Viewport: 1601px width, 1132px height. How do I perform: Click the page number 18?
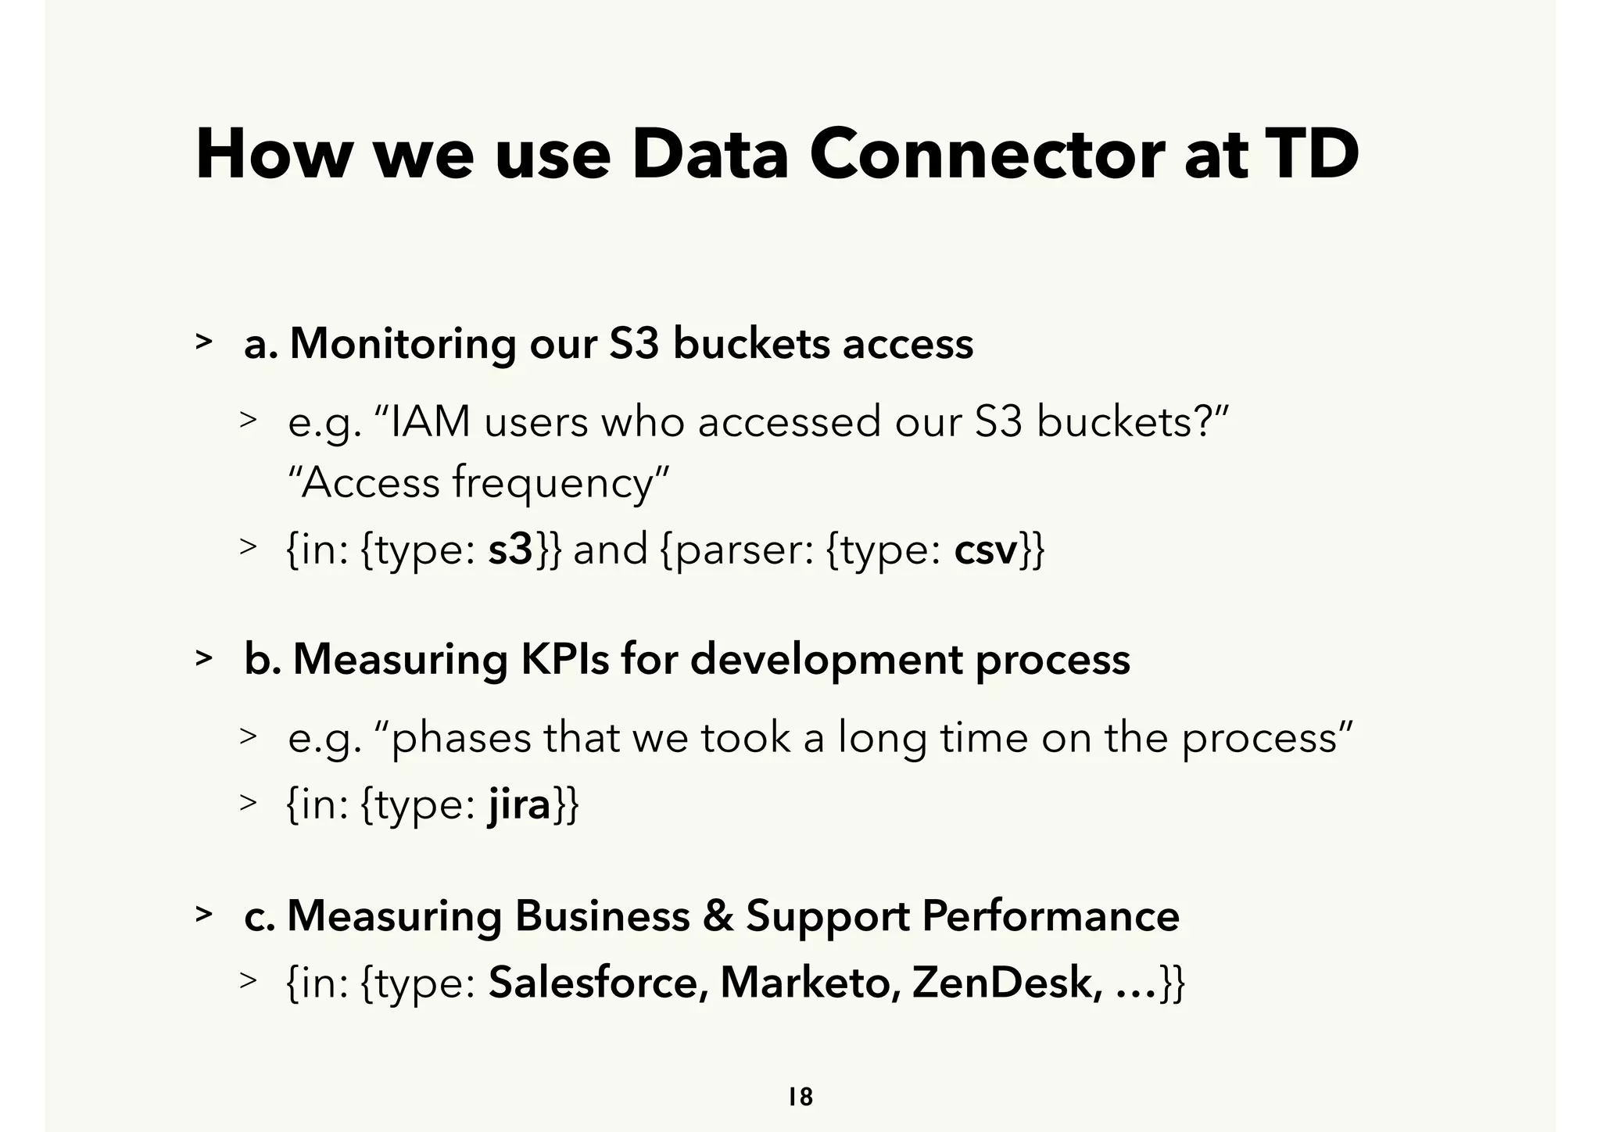800,1097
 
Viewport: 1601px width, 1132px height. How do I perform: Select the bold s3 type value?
510,550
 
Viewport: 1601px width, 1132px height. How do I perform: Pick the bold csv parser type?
985,551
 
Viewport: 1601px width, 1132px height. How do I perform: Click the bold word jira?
520,804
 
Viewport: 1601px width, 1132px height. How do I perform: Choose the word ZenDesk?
1008,982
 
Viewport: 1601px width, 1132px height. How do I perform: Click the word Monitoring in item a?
402,344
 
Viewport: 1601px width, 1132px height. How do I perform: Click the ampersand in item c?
718,915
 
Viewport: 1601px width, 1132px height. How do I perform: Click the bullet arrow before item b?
204,658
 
